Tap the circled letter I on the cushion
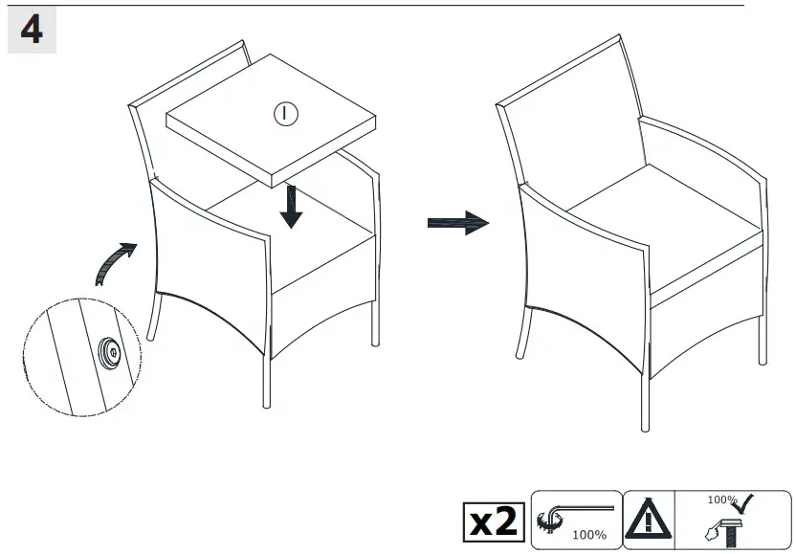pos(286,114)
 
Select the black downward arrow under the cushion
pos(292,207)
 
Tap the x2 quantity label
pos(493,521)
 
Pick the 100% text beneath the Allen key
pos(589,535)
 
